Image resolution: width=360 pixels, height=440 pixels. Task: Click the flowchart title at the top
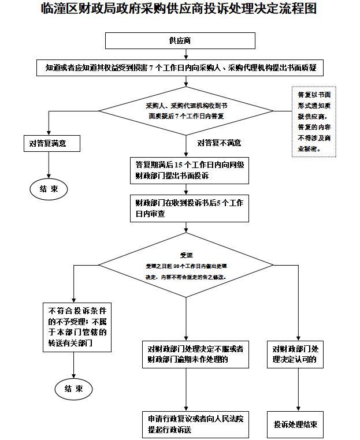180,10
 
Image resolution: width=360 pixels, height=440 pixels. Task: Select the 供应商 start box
180,40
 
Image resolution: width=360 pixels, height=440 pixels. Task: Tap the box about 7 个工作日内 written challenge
180,68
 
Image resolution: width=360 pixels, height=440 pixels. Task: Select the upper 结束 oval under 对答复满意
49,189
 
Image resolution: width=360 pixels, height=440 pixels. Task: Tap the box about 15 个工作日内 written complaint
189,169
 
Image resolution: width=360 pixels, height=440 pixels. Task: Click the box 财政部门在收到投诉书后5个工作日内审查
189,208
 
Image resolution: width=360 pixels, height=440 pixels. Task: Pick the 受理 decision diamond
185,266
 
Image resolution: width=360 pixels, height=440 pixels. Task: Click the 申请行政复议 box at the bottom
195,424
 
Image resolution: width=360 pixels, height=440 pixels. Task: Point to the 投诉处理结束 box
295,424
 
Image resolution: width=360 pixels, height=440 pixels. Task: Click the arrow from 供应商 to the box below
185,54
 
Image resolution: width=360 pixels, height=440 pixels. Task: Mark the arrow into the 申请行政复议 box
187,390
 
